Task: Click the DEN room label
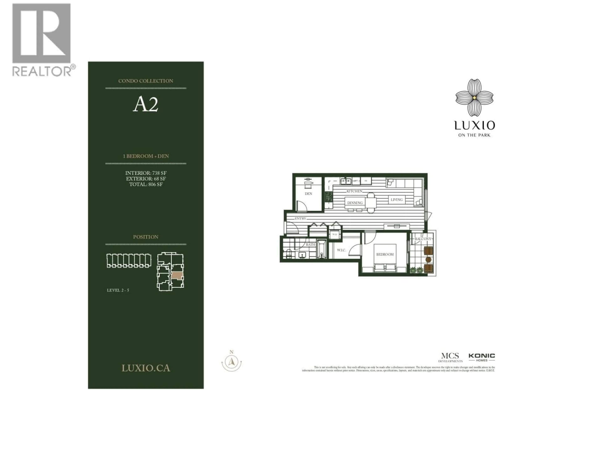pos(308,194)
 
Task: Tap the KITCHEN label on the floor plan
pos(354,191)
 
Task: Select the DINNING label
pos(355,203)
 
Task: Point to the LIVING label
pos(396,200)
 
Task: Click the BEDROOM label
pos(385,254)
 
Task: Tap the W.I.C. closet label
pos(341,250)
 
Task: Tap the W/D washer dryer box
pos(334,234)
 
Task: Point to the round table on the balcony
pos(429,260)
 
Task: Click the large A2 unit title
pos(146,104)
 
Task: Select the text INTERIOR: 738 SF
pos(146,173)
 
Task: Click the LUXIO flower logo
pos(474,98)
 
